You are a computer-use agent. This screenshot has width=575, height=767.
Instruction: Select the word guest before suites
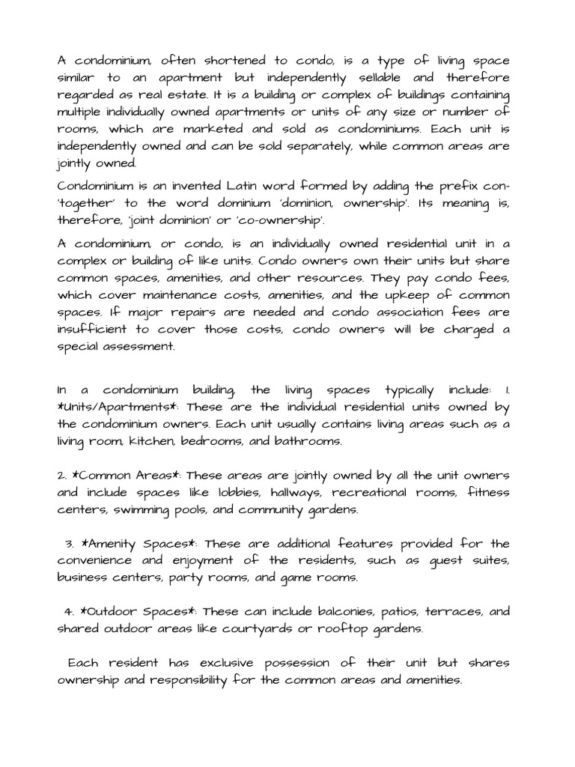(447, 561)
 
